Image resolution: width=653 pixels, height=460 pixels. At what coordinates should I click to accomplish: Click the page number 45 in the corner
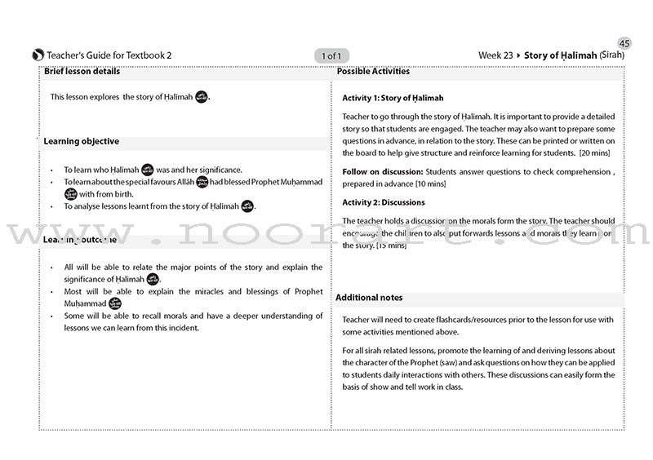click(x=625, y=43)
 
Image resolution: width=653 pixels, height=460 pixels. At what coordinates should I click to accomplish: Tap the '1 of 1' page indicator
click(x=332, y=55)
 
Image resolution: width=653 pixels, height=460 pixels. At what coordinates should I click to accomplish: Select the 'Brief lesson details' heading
click(x=82, y=72)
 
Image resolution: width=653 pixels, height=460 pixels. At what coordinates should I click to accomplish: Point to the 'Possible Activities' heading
click(x=375, y=72)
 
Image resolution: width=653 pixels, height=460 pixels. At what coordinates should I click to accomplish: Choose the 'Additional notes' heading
click(x=369, y=298)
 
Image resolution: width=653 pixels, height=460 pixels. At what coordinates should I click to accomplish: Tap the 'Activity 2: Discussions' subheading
click(x=383, y=202)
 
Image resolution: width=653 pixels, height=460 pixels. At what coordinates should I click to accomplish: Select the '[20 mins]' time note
click(x=597, y=153)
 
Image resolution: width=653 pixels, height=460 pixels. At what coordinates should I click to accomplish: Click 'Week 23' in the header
click(x=495, y=55)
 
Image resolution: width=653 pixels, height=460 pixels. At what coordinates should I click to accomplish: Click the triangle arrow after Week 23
click(x=518, y=55)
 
